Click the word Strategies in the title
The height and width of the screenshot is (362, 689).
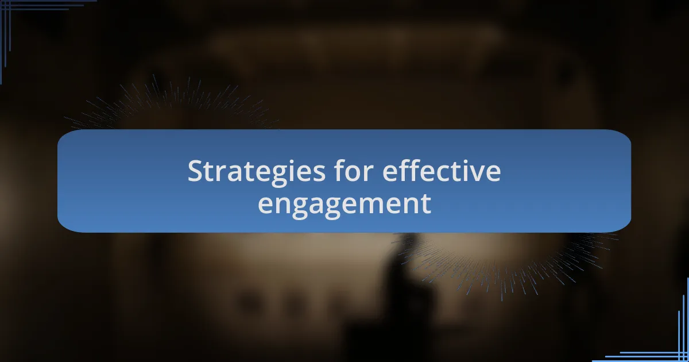pyautogui.click(x=256, y=173)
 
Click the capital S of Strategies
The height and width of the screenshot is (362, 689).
pyautogui.click(x=196, y=171)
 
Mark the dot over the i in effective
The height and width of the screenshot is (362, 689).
pyautogui.click(x=459, y=161)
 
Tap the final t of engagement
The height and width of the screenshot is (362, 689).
pyautogui.click(x=425, y=204)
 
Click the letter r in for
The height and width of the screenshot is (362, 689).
pyautogui.click(x=369, y=174)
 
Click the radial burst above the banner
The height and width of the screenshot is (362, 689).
pyautogui.click(x=172, y=102)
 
